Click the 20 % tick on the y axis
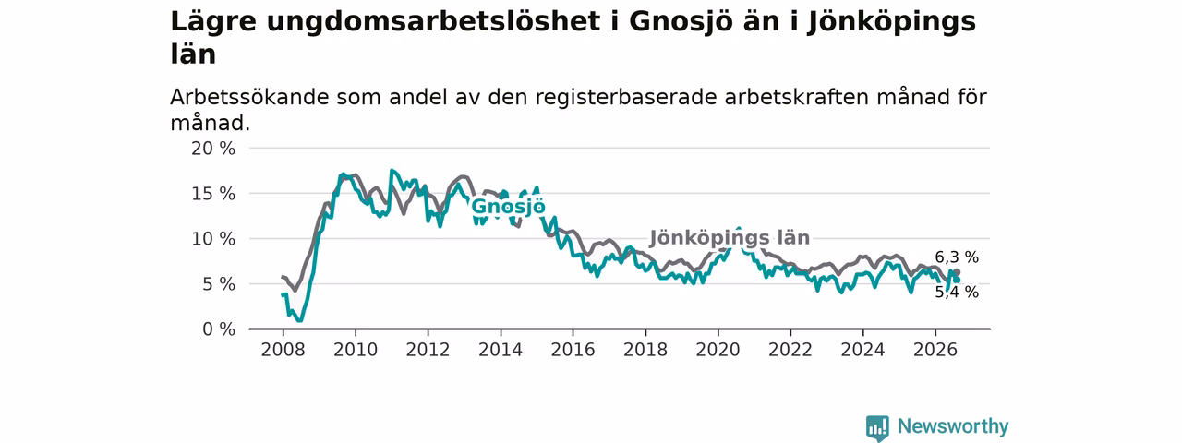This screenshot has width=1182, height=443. click(213, 149)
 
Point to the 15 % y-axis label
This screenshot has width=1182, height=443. click(213, 194)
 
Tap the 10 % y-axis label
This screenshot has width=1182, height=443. click(213, 239)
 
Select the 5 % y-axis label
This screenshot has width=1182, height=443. click(220, 285)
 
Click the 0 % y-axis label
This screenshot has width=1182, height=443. click(220, 329)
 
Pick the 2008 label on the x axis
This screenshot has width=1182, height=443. click(283, 350)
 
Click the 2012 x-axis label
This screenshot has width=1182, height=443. click(428, 350)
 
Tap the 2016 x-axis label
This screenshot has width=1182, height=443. click(573, 350)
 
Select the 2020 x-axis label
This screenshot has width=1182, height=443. click(718, 350)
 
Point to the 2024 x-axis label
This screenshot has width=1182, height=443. click(862, 350)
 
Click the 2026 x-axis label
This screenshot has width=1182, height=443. click(935, 350)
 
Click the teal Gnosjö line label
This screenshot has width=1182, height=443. click(508, 207)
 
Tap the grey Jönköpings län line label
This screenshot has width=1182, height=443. click(730, 238)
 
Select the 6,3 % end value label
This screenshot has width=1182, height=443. click(957, 257)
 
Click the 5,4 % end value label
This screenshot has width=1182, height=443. click(957, 293)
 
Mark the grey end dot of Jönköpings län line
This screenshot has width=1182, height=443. click(957, 272)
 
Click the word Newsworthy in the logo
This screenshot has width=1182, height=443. click(953, 426)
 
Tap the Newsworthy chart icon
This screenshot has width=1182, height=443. click(877, 427)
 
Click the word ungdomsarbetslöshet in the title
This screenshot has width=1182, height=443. click(433, 22)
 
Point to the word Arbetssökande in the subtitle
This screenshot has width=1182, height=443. click(249, 98)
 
